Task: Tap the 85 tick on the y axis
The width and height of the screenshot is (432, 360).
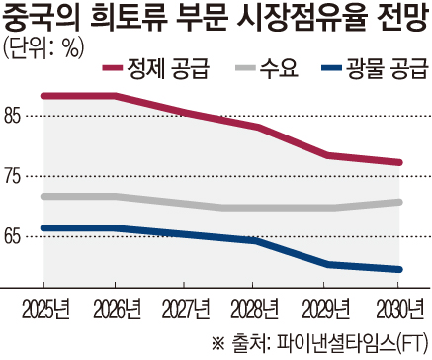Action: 16,117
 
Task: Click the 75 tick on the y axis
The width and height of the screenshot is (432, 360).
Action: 16,175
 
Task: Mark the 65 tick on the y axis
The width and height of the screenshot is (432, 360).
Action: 16,236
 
